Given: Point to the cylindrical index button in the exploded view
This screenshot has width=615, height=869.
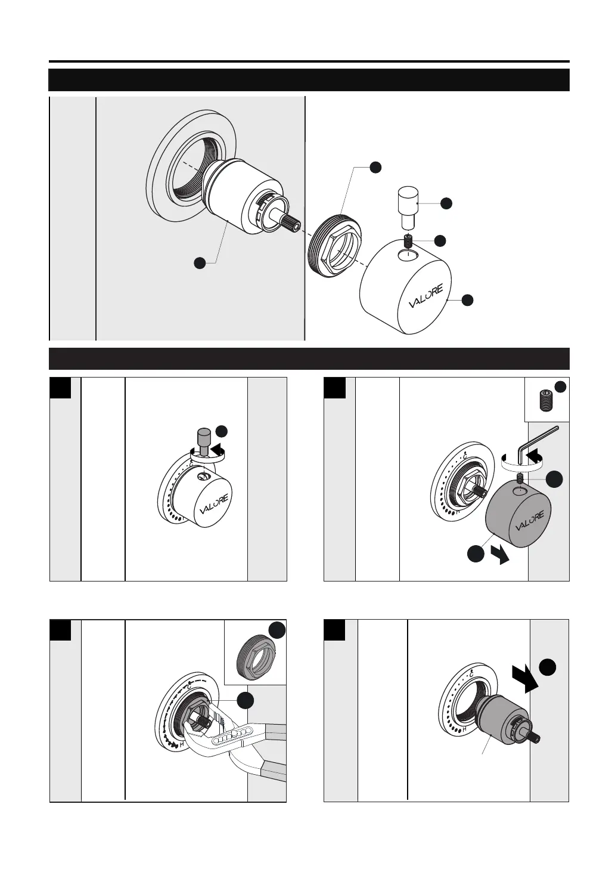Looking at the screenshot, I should click(x=407, y=206).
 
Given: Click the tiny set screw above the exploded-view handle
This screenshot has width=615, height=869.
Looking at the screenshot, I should click(x=408, y=242).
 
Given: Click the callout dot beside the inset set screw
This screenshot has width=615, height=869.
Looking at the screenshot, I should click(x=560, y=386).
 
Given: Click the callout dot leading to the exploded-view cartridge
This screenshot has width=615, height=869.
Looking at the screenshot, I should click(x=200, y=262).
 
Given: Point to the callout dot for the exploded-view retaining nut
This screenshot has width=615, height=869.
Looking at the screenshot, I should click(x=375, y=167).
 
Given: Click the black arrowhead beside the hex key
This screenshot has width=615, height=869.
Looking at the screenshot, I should click(x=535, y=456).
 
